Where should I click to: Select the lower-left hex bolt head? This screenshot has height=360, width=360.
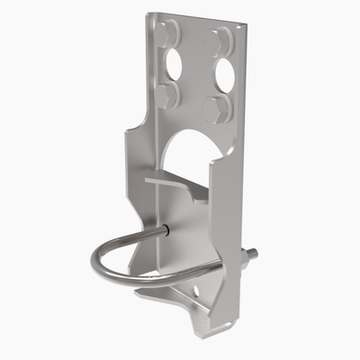[x=166, y=95]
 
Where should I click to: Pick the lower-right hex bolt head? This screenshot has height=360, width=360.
[x=217, y=109]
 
